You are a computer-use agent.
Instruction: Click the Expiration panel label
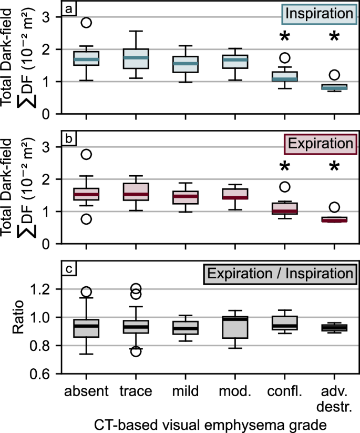tap(317, 143)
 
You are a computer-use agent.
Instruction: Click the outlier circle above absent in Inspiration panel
tap(86, 23)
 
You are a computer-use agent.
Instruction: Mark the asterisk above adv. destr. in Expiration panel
tap(334, 168)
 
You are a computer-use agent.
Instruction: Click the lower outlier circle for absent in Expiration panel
tap(86, 219)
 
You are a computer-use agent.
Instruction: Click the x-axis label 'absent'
tap(86, 391)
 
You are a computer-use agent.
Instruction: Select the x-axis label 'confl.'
tap(284, 391)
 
